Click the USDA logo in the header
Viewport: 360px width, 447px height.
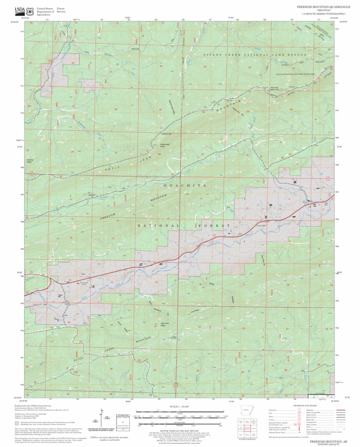20,10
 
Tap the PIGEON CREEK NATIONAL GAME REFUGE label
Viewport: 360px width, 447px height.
255,55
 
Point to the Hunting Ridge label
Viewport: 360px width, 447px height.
30,160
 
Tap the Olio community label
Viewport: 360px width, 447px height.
83,274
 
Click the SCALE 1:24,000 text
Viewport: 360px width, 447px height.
180,406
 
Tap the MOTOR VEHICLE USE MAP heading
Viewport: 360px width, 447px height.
180,429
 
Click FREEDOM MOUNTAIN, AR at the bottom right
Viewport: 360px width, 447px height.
327,441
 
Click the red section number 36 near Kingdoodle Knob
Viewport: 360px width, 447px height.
159,154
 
